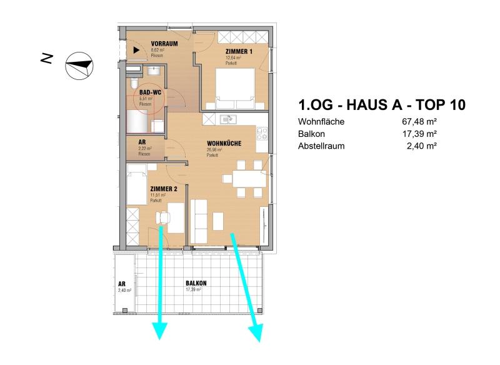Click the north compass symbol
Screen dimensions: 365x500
click(79, 64)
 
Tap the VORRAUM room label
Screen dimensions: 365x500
click(165, 44)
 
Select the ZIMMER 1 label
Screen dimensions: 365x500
click(239, 52)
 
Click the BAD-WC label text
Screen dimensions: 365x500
click(151, 92)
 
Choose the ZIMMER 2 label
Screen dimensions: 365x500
click(164, 188)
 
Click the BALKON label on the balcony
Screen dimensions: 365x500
click(196, 283)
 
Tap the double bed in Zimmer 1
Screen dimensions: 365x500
click(235, 87)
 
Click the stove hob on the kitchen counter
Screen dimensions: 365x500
click(262, 133)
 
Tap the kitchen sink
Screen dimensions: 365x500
click(230, 119)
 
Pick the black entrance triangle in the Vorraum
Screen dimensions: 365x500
click(136, 49)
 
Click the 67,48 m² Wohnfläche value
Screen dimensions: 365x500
click(419, 122)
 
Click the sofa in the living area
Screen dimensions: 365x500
click(199, 222)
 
